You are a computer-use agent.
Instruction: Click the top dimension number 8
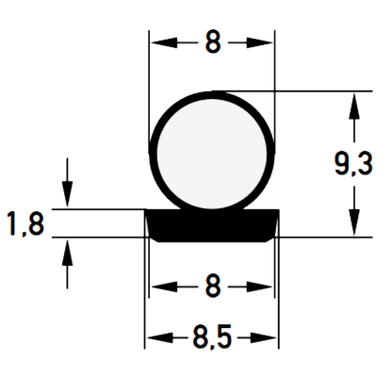click(x=213, y=42)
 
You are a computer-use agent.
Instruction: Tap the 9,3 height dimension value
click(x=353, y=164)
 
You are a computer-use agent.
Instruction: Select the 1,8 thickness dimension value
click(x=25, y=223)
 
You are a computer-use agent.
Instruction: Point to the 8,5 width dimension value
click(x=212, y=337)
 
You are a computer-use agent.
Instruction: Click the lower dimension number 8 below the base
click(x=213, y=286)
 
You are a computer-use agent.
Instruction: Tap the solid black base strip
click(x=212, y=225)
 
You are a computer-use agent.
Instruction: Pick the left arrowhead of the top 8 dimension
click(x=164, y=42)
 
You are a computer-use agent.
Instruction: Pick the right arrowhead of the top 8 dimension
click(x=259, y=42)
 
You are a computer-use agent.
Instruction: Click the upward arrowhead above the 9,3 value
click(x=354, y=106)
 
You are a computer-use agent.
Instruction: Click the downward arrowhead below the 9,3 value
click(x=354, y=222)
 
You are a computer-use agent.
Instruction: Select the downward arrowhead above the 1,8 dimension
click(x=67, y=195)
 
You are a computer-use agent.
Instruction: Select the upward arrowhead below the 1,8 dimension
click(x=67, y=252)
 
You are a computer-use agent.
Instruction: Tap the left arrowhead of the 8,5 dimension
click(x=160, y=338)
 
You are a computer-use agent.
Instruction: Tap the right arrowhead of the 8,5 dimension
click(x=263, y=338)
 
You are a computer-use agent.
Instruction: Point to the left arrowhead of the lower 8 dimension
click(x=165, y=286)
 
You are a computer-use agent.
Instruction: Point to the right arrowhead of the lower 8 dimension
click(x=259, y=286)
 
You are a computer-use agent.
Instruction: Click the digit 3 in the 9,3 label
click(x=366, y=163)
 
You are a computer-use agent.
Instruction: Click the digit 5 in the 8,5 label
click(x=224, y=336)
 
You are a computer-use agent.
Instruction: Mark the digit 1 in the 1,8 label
click(x=12, y=223)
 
